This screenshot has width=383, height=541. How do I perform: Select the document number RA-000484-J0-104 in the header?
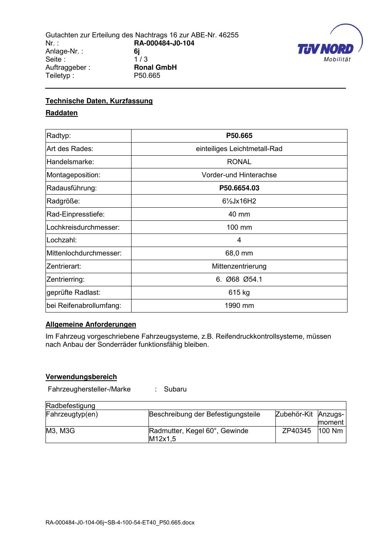[x=164, y=43]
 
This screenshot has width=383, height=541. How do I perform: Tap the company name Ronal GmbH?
[x=155, y=67]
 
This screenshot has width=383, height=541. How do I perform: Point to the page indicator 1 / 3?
[x=140, y=59]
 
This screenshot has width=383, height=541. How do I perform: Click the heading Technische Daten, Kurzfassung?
[x=99, y=101]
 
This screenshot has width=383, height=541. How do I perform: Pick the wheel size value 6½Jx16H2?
[x=239, y=201]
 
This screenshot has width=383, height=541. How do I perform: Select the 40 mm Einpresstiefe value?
[x=239, y=214]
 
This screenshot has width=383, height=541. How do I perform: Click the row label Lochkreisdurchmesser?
[x=83, y=227]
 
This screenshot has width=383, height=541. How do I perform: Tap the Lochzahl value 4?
[x=239, y=240]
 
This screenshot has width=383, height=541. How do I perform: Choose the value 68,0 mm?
[x=239, y=254]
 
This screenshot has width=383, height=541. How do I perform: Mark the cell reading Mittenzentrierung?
[x=239, y=266]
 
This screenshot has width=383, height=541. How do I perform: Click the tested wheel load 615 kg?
[x=239, y=292]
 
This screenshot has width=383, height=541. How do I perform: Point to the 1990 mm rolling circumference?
[x=239, y=306]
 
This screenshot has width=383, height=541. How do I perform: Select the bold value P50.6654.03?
[x=239, y=188]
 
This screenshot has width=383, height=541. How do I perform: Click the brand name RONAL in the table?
[x=239, y=162]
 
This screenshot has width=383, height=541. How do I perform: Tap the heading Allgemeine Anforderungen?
[x=91, y=324]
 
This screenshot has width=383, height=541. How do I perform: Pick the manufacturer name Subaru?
[x=175, y=389]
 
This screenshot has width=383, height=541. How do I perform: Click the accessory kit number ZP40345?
[x=296, y=431]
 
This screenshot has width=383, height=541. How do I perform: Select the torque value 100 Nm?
[x=331, y=431]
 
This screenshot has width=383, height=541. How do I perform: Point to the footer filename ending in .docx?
[x=120, y=523]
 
